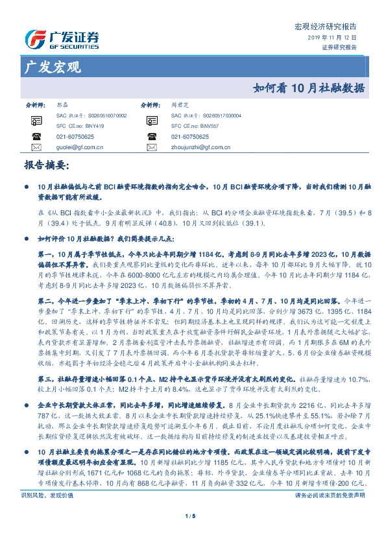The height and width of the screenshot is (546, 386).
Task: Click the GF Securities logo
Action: (x=62, y=38)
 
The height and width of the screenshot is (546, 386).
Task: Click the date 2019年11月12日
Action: (x=332, y=38)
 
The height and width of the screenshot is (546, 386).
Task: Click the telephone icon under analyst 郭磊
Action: (x=36, y=137)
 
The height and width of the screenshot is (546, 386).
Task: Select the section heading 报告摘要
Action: (x=45, y=166)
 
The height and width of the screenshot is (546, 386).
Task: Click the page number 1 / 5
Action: (x=193, y=516)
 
